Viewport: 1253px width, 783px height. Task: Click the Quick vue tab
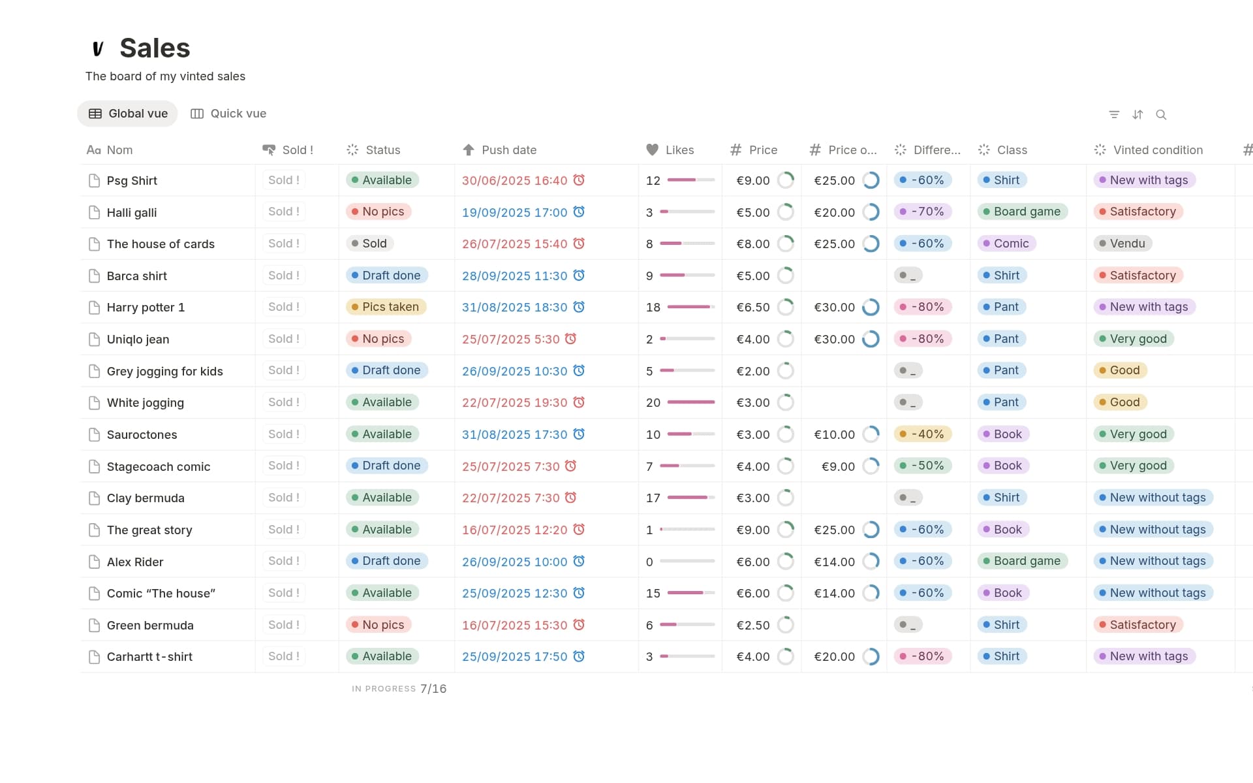point(228,114)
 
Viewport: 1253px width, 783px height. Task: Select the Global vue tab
point(128,114)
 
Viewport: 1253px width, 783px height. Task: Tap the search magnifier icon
point(1161,115)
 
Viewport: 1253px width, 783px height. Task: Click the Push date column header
point(508,150)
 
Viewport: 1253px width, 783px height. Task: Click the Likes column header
point(679,150)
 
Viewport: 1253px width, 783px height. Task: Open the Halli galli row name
point(132,213)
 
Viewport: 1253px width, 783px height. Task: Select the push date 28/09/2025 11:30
point(514,276)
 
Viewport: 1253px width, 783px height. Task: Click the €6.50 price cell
point(752,308)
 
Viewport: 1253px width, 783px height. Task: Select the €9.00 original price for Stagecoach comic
point(838,466)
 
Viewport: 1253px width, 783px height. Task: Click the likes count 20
point(653,403)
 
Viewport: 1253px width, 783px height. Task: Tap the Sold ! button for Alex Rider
point(284,561)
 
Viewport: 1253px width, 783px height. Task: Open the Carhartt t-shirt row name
point(149,657)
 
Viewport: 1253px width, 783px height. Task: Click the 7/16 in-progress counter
point(433,689)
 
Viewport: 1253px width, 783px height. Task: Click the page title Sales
point(155,48)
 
